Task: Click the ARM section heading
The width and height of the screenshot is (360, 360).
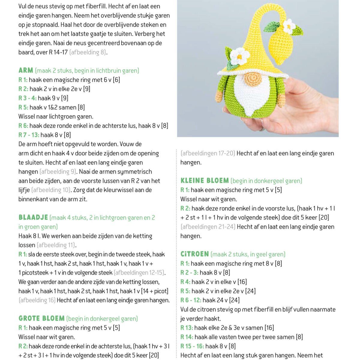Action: coord(26,70)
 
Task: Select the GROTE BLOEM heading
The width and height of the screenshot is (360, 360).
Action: coord(41,318)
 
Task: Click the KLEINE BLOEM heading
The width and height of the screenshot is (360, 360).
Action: coord(205,181)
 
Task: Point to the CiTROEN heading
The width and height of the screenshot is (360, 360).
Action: coord(194,254)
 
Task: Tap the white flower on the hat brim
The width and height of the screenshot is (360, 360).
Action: coord(239,56)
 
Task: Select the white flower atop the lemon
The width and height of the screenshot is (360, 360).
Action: coord(289,26)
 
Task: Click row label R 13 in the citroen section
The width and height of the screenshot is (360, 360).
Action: coord(187,328)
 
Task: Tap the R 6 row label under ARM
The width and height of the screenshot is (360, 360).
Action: coord(23,126)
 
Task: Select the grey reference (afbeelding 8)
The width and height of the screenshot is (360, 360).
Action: coord(88,52)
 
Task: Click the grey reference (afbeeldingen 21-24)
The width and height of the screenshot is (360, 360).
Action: coord(208,227)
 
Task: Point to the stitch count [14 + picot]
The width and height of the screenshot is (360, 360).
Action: coord(155,291)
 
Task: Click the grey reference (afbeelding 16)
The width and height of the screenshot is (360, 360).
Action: coord(37,300)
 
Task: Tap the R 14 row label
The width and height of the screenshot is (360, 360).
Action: coord(187,337)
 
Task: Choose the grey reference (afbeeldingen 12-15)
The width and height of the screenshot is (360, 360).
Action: coord(140,273)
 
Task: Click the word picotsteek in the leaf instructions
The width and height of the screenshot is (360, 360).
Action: coord(35,273)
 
